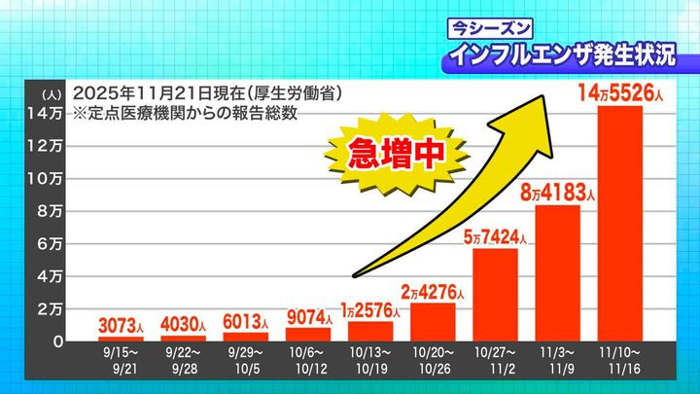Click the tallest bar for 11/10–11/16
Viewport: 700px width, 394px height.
[x=619, y=224]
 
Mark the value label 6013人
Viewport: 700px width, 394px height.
[x=245, y=321]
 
